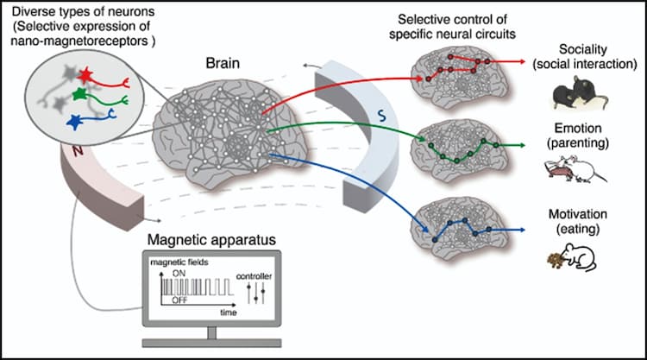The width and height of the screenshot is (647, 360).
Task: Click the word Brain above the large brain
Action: [223, 64]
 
